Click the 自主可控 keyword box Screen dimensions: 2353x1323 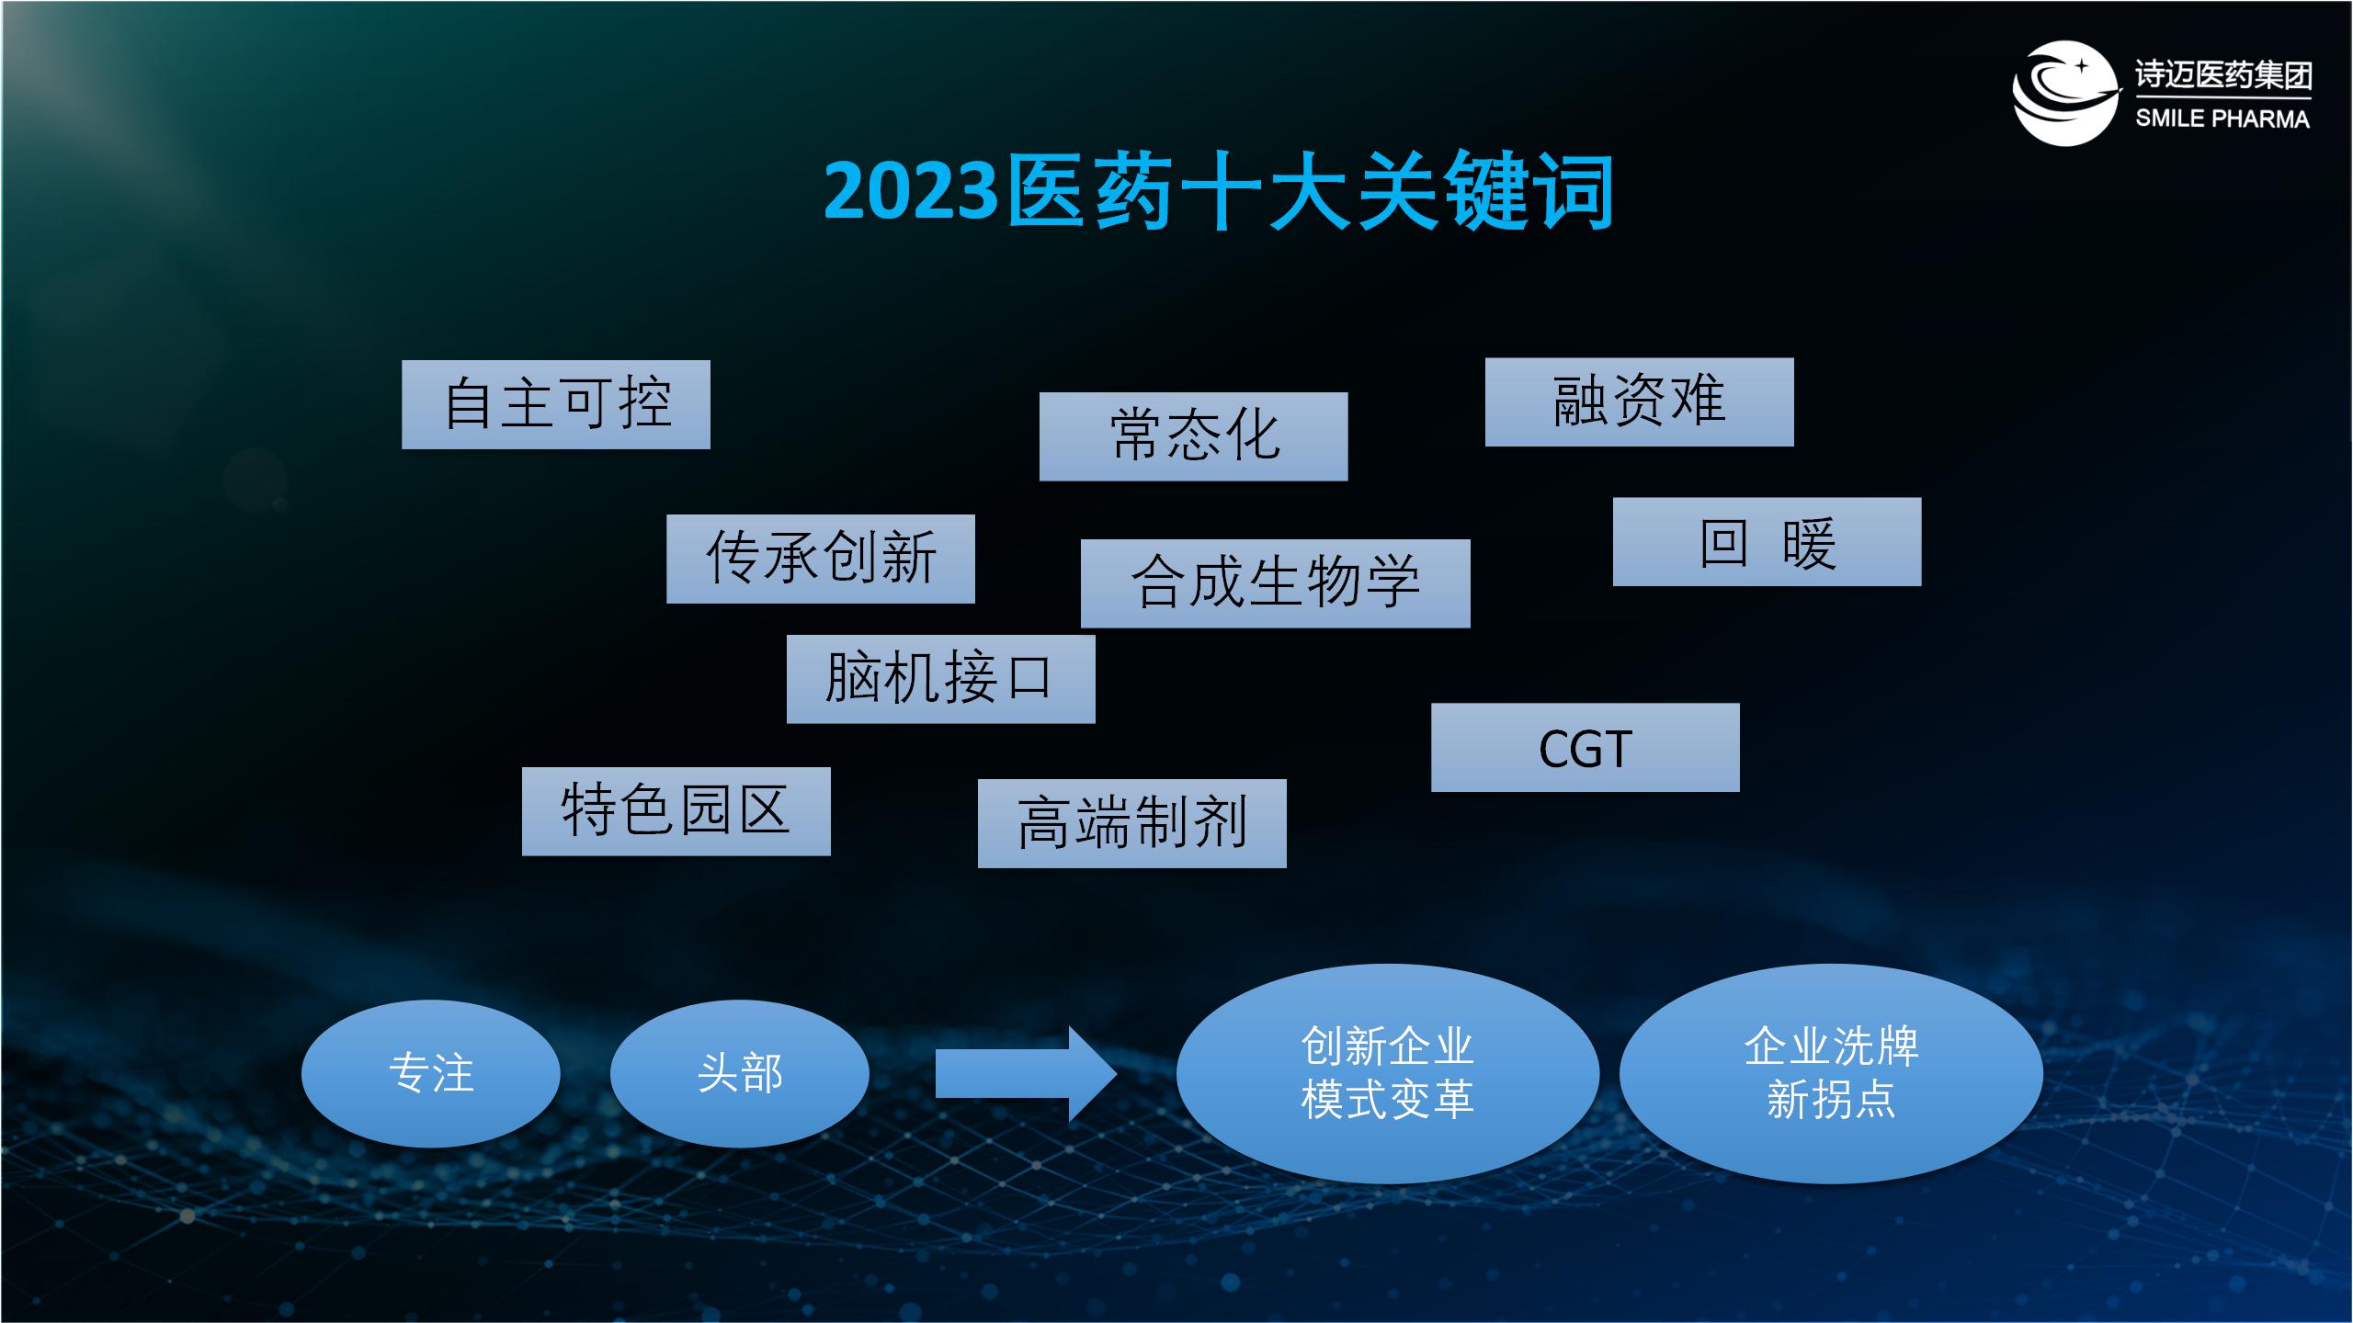[556, 404]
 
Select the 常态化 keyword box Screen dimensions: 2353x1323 [1193, 436]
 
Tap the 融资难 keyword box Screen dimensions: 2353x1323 [1640, 402]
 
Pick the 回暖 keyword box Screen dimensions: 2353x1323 [1767, 542]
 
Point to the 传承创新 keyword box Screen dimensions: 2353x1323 [821, 559]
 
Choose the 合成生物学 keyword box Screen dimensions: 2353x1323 [1276, 583]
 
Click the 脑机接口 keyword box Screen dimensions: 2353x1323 [941, 679]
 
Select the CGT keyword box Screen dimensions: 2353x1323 [1586, 747]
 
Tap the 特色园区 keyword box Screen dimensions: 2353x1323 [676, 811]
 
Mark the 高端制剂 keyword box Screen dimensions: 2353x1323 [1132, 823]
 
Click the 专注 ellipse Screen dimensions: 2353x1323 [431, 1073]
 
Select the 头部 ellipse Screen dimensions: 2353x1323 [740, 1073]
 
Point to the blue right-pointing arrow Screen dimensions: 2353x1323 [1026, 1074]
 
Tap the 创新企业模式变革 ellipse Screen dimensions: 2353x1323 [1388, 1073]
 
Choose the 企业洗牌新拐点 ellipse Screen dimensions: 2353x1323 [1832, 1073]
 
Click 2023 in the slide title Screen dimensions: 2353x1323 [911, 191]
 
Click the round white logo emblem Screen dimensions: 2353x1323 [2064, 93]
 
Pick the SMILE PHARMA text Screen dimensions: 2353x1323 [2222, 119]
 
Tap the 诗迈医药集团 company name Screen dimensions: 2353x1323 [2223, 75]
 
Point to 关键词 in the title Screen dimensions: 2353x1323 [1484, 191]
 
